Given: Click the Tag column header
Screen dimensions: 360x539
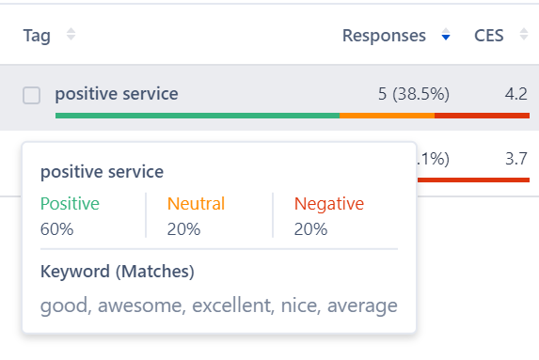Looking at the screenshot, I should (x=37, y=36).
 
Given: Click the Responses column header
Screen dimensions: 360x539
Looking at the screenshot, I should (x=384, y=36).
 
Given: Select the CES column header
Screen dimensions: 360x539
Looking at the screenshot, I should (x=489, y=36).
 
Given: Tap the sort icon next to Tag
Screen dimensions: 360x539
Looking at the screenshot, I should (x=71, y=36).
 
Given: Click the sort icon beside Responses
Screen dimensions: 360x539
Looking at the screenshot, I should (x=446, y=36).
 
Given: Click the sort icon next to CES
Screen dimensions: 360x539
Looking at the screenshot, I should (x=523, y=36).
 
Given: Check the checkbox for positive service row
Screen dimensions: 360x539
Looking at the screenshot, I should (x=32, y=95).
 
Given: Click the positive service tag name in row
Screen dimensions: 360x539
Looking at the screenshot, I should (x=117, y=94).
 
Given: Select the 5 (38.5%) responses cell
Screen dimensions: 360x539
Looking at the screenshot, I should (x=413, y=94).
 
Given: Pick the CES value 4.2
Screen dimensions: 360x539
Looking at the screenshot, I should (x=515, y=94).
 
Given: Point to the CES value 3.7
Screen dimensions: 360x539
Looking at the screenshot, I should (x=515, y=158).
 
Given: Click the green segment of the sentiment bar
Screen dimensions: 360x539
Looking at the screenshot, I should (x=198, y=116).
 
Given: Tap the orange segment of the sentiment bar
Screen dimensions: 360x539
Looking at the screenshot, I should (x=387, y=116).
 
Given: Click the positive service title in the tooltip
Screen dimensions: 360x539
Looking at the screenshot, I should (x=102, y=172).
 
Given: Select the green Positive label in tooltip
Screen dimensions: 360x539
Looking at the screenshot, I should (x=70, y=204).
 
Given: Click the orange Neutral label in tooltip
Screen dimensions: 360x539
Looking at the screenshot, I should (x=196, y=204).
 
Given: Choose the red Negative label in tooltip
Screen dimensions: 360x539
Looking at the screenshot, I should (x=328, y=204).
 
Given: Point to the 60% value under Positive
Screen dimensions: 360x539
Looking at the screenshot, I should (x=55, y=228).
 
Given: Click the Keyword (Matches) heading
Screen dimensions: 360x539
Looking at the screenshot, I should (x=117, y=273).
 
